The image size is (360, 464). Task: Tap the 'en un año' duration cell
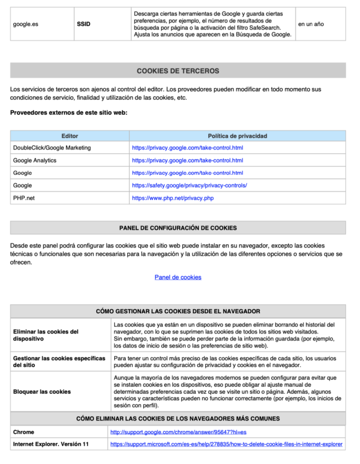pos(311,24)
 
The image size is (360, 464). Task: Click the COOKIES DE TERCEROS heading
pos(178,71)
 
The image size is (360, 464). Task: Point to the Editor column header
pos(70,136)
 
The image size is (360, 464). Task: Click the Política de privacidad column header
pos(237,136)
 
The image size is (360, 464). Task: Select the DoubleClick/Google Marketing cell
pos(52,148)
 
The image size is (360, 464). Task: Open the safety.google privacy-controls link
pos(190,186)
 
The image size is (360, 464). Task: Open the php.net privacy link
pos(173,198)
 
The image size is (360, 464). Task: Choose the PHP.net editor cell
pos(24,198)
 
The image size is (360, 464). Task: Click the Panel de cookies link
pos(178,277)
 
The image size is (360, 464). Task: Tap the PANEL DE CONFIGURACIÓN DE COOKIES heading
pos(178,228)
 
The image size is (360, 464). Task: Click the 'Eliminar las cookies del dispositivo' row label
pos(46,335)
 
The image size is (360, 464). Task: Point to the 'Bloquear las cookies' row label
pos(42,391)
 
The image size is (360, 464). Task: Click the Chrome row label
pos(24,432)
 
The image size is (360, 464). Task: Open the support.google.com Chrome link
pos(179,433)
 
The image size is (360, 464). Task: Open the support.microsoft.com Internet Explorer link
pos(226,444)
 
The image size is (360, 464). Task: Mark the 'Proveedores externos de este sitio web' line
pos(68,112)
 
